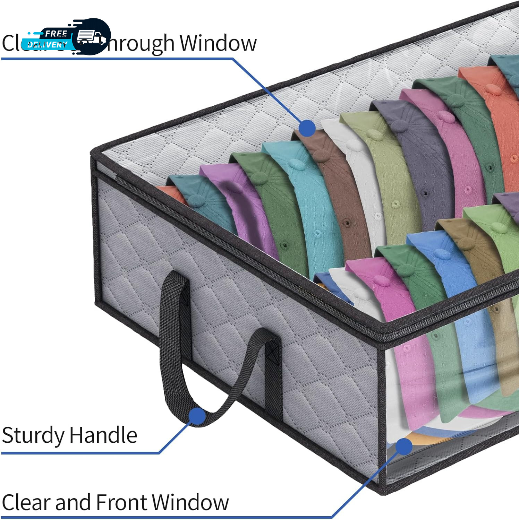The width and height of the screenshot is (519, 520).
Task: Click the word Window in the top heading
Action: (x=218, y=43)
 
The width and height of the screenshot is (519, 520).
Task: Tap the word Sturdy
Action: (x=33, y=436)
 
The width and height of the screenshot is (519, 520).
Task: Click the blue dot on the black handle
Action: (x=197, y=416)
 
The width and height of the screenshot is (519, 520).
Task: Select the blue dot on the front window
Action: (x=403, y=447)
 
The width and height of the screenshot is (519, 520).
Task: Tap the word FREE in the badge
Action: (x=56, y=34)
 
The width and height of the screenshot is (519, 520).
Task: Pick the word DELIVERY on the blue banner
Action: (x=47, y=45)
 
